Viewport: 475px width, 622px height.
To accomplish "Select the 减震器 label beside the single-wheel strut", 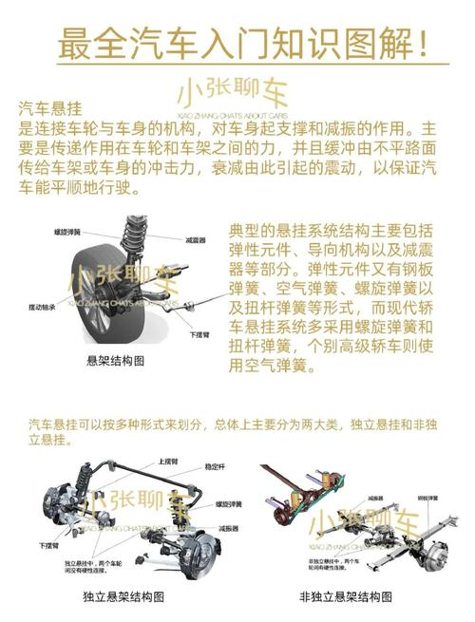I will pos(197,240).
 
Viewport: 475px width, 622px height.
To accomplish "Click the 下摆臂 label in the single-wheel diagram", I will pos(199,334).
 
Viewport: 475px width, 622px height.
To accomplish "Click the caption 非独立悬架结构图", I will pos(345,595).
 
